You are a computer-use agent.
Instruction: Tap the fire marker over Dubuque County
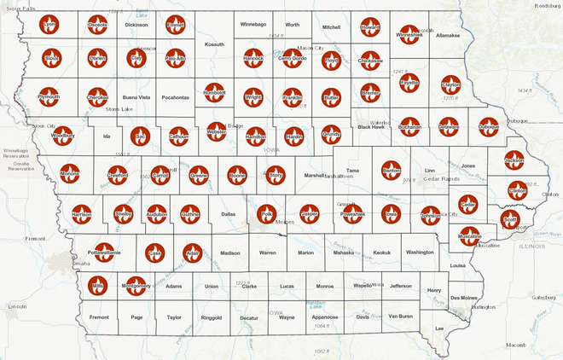click(x=489, y=126)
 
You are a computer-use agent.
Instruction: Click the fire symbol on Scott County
click(x=510, y=219)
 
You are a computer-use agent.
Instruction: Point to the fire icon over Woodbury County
click(x=63, y=135)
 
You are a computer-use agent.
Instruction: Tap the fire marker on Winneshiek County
click(x=409, y=32)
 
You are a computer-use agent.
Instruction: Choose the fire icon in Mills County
click(x=97, y=285)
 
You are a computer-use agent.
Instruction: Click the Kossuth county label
click(x=215, y=44)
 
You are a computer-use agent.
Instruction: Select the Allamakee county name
click(x=448, y=36)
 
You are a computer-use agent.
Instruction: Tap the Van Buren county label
click(x=400, y=316)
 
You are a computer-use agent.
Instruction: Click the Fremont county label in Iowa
click(x=99, y=317)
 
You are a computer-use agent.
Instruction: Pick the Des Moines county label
click(x=463, y=298)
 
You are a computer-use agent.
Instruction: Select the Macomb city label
click(x=515, y=345)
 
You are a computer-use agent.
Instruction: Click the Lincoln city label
click(x=16, y=305)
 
